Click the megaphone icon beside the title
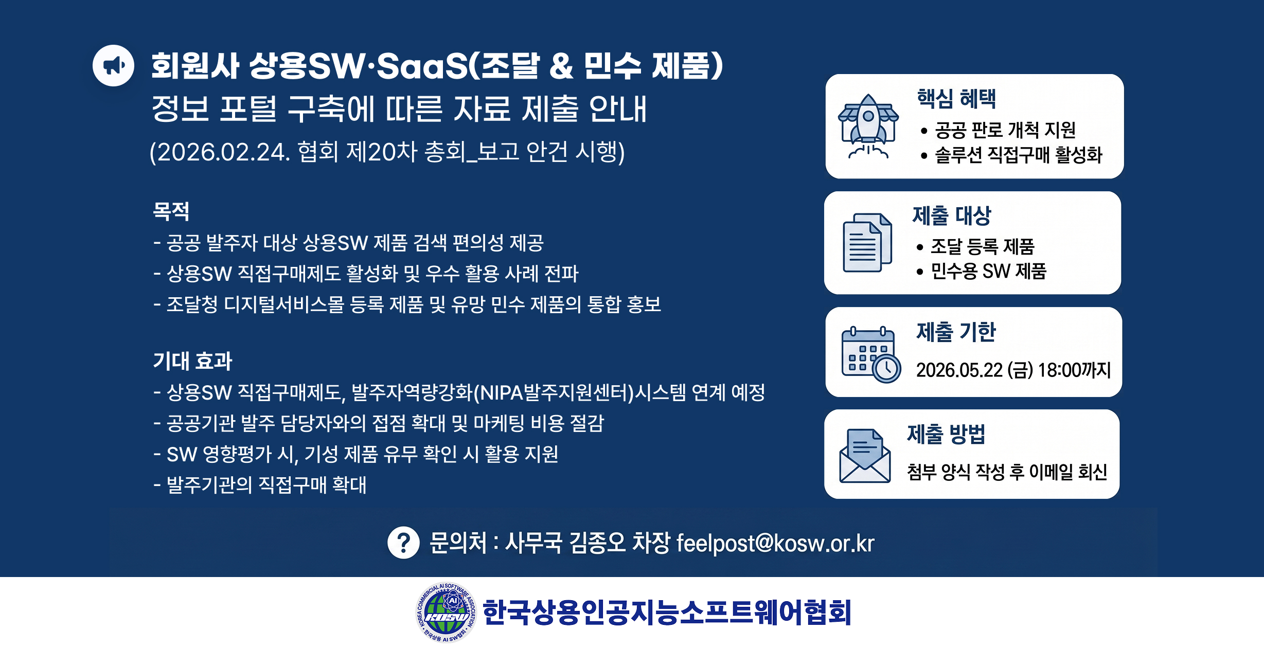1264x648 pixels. click(x=113, y=65)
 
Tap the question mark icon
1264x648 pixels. click(x=403, y=543)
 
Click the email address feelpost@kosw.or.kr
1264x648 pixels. click(x=775, y=543)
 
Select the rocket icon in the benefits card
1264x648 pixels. click(x=868, y=127)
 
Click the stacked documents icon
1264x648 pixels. click(x=867, y=243)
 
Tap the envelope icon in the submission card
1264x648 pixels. click(x=865, y=456)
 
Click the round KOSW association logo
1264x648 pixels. click(x=446, y=613)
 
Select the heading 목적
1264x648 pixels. click(x=171, y=211)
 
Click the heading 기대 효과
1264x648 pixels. click(x=193, y=361)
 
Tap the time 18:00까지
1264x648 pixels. click(x=1075, y=370)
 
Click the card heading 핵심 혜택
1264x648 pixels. click(x=957, y=98)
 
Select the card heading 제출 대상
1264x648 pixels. click(x=952, y=215)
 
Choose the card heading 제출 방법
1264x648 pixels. click(x=946, y=434)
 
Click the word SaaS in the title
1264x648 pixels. click(x=422, y=66)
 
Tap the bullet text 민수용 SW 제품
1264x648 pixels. click(x=989, y=271)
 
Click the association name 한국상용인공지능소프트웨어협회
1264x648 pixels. click(x=667, y=612)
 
